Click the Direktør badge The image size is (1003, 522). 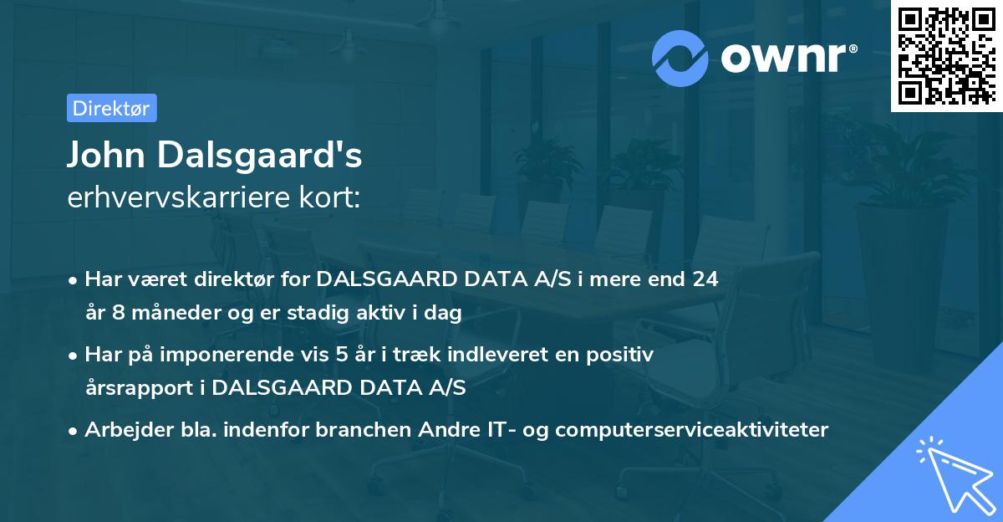[x=111, y=108]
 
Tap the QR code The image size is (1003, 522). [x=946, y=55]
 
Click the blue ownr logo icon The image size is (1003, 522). [x=680, y=58]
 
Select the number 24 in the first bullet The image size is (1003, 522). [x=704, y=279]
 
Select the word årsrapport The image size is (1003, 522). [x=145, y=388]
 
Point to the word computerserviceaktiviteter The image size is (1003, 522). [x=691, y=430]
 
